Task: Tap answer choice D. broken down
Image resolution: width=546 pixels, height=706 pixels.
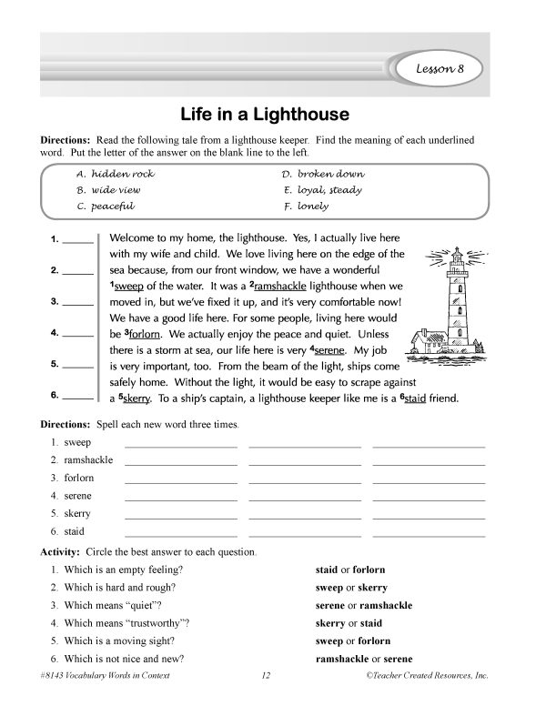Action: click(323, 173)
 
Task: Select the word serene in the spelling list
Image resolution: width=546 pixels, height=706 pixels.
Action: click(78, 496)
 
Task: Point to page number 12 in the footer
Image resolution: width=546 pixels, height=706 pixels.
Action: click(267, 677)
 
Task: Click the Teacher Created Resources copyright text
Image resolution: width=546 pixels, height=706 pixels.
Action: click(427, 677)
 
